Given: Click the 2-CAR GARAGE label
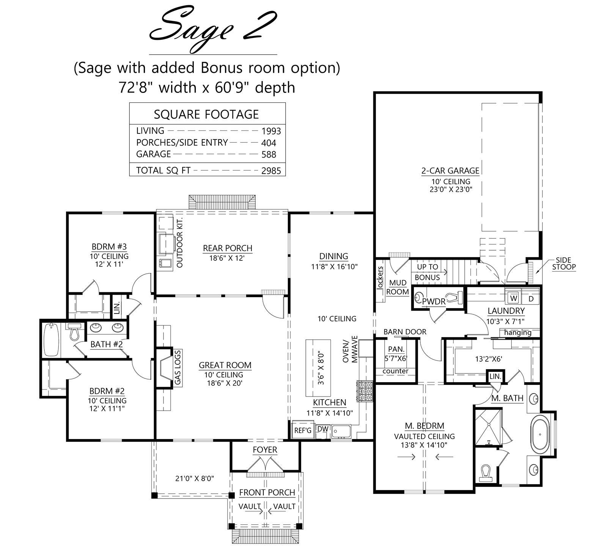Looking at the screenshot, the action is coord(450,171).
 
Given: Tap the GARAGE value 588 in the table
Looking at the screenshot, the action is coord(269,155).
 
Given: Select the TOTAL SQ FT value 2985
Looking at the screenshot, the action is coord(271,171).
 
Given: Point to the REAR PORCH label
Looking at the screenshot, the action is coord(228,248).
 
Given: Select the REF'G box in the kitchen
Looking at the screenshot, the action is coord(303,430).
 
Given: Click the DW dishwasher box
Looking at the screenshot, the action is coord(323,429).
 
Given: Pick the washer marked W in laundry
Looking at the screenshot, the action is coord(514,298).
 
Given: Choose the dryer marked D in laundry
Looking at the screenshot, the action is coord(531,298).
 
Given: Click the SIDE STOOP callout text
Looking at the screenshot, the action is coord(564,263).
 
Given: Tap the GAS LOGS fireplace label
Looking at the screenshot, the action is coord(178,368).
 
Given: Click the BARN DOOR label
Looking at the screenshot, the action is coord(405,332).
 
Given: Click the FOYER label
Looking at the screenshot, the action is coord(265,450).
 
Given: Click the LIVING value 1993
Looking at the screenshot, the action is coord(271,131).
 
